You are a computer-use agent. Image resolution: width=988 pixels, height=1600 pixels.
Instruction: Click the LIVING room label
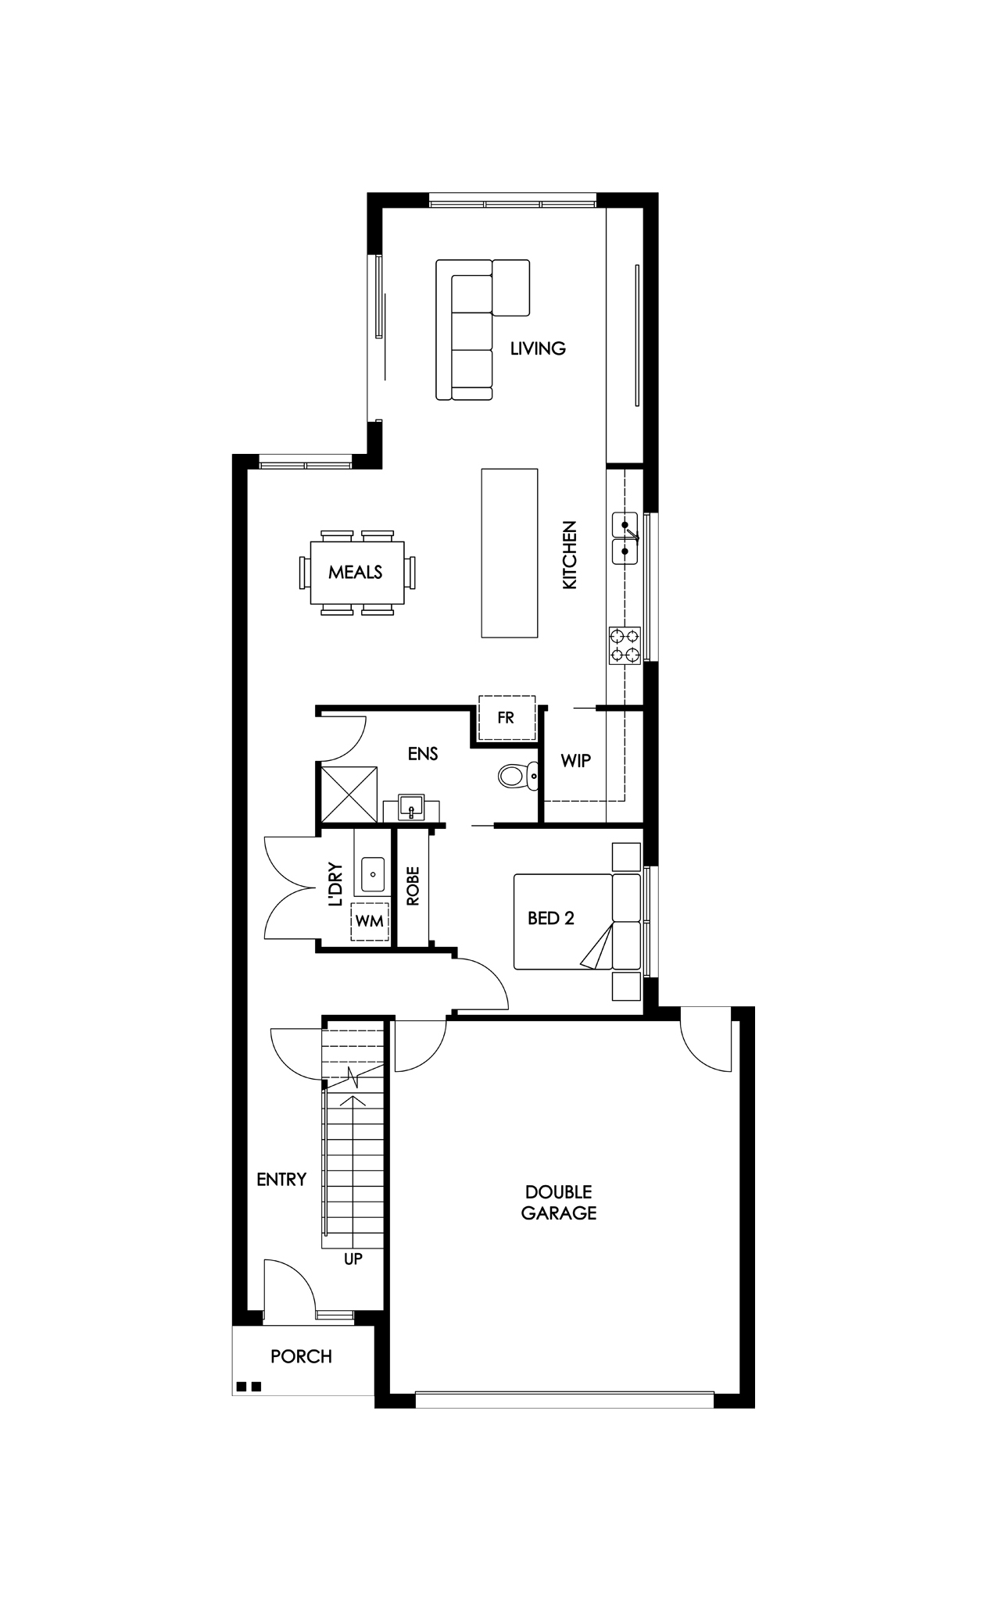click(x=538, y=348)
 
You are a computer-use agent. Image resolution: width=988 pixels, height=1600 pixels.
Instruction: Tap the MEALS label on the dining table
click(x=356, y=572)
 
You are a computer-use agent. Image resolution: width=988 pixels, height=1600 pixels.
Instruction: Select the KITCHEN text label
click(x=570, y=555)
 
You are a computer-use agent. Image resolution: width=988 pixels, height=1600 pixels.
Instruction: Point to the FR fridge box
click(x=506, y=717)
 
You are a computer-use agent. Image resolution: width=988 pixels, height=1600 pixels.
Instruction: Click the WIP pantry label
click(x=576, y=760)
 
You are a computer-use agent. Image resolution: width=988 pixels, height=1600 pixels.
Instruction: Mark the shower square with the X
click(x=348, y=794)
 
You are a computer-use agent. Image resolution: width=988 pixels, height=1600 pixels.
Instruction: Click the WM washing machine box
click(x=370, y=921)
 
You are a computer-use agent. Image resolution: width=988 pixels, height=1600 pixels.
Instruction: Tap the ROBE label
click(x=413, y=885)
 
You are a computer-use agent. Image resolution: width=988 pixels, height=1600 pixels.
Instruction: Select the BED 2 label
click(x=551, y=918)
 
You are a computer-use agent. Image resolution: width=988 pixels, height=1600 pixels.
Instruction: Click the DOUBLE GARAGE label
click(x=559, y=1202)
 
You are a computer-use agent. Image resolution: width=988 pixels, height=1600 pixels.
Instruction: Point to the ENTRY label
click(x=281, y=1180)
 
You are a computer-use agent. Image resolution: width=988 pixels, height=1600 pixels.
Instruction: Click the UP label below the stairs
click(x=353, y=1259)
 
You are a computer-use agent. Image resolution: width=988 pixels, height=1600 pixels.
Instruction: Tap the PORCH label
click(x=302, y=1356)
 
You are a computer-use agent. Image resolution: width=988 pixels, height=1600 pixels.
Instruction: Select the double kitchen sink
click(x=626, y=538)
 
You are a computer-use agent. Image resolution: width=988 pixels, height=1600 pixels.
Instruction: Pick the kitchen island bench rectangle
click(x=510, y=553)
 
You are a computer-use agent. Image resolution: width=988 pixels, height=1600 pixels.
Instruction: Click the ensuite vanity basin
click(x=411, y=806)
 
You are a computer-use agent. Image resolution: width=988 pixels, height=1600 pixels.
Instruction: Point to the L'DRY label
click(x=336, y=884)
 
